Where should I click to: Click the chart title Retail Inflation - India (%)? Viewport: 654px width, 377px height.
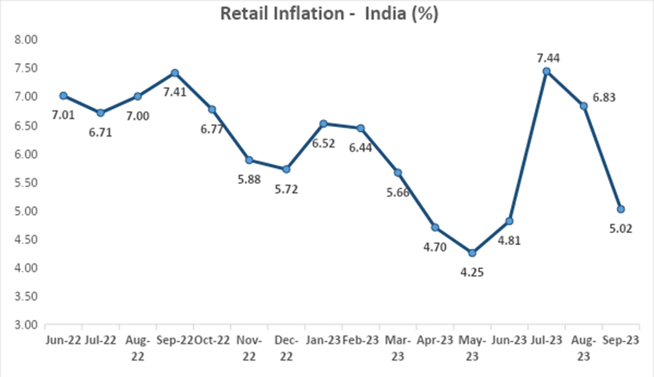coord(327,14)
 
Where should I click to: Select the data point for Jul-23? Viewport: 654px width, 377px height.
coord(546,71)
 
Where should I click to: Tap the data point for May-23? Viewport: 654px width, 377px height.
coord(471,253)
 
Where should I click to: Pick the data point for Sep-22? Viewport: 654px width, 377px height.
coord(174,72)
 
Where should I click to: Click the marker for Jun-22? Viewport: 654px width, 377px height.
coord(64,96)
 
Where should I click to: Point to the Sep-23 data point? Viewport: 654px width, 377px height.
coord(620,209)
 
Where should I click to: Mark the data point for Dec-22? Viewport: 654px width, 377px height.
coord(286,169)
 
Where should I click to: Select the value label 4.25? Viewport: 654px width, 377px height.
coord(472,273)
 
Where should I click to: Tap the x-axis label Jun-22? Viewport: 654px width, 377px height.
coord(63,341)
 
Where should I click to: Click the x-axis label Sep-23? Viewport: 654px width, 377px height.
coord(620,341)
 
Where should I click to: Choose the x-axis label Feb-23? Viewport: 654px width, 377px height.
coord(360,341)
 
